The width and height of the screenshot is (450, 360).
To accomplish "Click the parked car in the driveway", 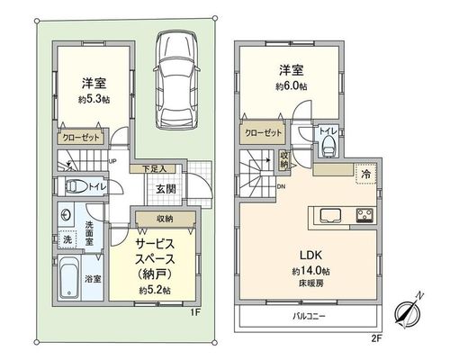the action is (x=177, y=80).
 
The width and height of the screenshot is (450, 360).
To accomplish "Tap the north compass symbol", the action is (x=408, y=310).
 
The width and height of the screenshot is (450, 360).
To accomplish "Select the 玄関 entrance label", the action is (x=166, y=189).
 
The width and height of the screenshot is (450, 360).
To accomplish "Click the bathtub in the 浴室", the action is (x=69, y=277).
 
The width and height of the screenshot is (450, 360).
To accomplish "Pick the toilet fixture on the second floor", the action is (x=328, y=145).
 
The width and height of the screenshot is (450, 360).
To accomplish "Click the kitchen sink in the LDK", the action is (x=331, y=215).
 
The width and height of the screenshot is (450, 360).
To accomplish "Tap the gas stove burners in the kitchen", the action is (x=364, y=215).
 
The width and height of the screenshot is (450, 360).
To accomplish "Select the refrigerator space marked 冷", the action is (x=366, y=174).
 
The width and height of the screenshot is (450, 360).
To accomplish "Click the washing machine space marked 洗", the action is (x=67, y=239).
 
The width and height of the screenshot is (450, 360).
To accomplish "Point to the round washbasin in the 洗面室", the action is (x=66, y=215).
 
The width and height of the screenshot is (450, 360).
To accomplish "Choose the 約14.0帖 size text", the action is (x=311, y=272).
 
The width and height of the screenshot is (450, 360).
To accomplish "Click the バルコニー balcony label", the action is (x=309, y=316).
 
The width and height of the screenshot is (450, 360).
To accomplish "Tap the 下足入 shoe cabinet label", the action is (x=154, y=168).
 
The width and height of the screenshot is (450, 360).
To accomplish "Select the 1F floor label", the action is (x=195, y=312).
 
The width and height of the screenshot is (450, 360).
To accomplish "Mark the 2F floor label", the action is (x=376, y=338).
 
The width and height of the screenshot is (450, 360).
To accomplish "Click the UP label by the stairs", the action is (x=112, y=161).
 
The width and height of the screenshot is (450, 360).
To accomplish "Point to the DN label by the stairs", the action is (x=281, y=186).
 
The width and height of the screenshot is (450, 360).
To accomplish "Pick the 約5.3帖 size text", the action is (x=94, y=99).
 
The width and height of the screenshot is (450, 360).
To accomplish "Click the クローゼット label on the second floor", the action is (x=263, y=133).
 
